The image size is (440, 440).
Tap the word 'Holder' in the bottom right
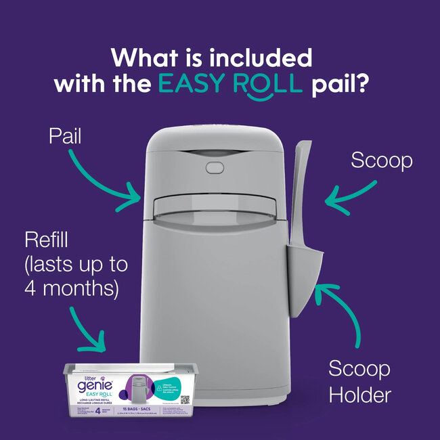click(359, 395)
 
